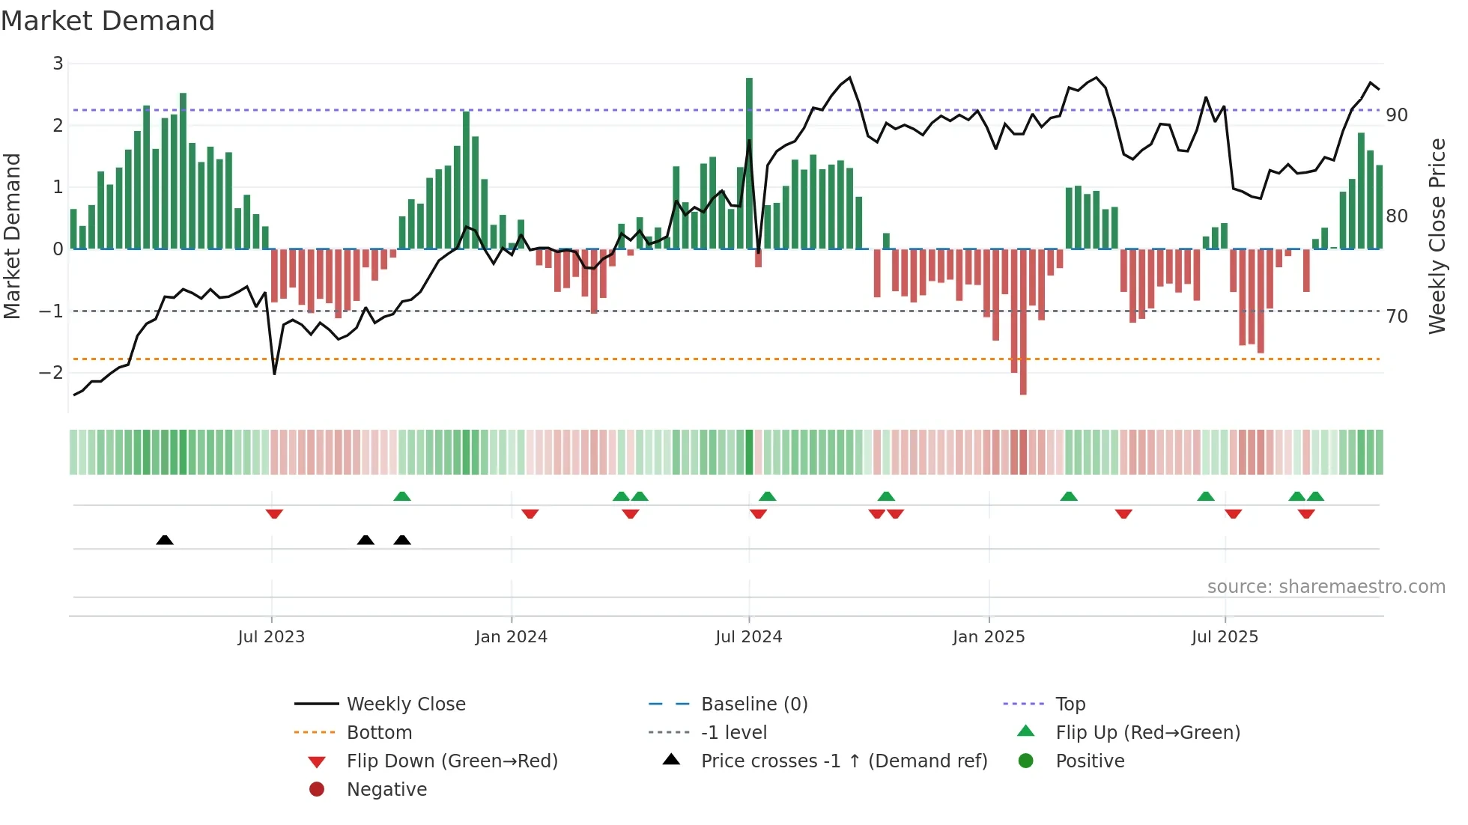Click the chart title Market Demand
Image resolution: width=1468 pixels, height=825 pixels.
pos(108,20)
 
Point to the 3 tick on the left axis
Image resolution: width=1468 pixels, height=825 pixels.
pos(58,64)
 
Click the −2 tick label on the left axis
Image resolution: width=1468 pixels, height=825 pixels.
pos(52,372)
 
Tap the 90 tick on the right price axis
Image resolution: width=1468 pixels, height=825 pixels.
pos(1396,115)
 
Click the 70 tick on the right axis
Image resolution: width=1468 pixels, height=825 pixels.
pos(1396,316)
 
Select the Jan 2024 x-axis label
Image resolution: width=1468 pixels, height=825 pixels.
pos(511,637)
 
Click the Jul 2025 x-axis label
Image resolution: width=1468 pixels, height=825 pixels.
pos(1225,637)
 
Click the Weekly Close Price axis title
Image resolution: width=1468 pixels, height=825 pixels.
pos(1437,236)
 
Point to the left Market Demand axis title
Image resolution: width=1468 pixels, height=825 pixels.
pos(12,236)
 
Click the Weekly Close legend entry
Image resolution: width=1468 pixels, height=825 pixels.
pos(405,704)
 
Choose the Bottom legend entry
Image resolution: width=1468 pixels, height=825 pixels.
pos(379,733)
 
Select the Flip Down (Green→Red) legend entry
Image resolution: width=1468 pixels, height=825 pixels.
pos(452,761)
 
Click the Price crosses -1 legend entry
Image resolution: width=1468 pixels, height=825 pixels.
pos(843,761)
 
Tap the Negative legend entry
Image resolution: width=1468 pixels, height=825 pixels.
pos(386,790)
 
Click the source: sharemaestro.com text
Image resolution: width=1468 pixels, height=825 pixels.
pos(1326,587)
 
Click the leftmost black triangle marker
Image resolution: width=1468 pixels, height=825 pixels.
pos(165,540)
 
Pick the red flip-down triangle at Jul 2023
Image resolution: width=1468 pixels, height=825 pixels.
pos(274,514)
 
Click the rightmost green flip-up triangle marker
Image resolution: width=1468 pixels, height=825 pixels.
pos(1316,496)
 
